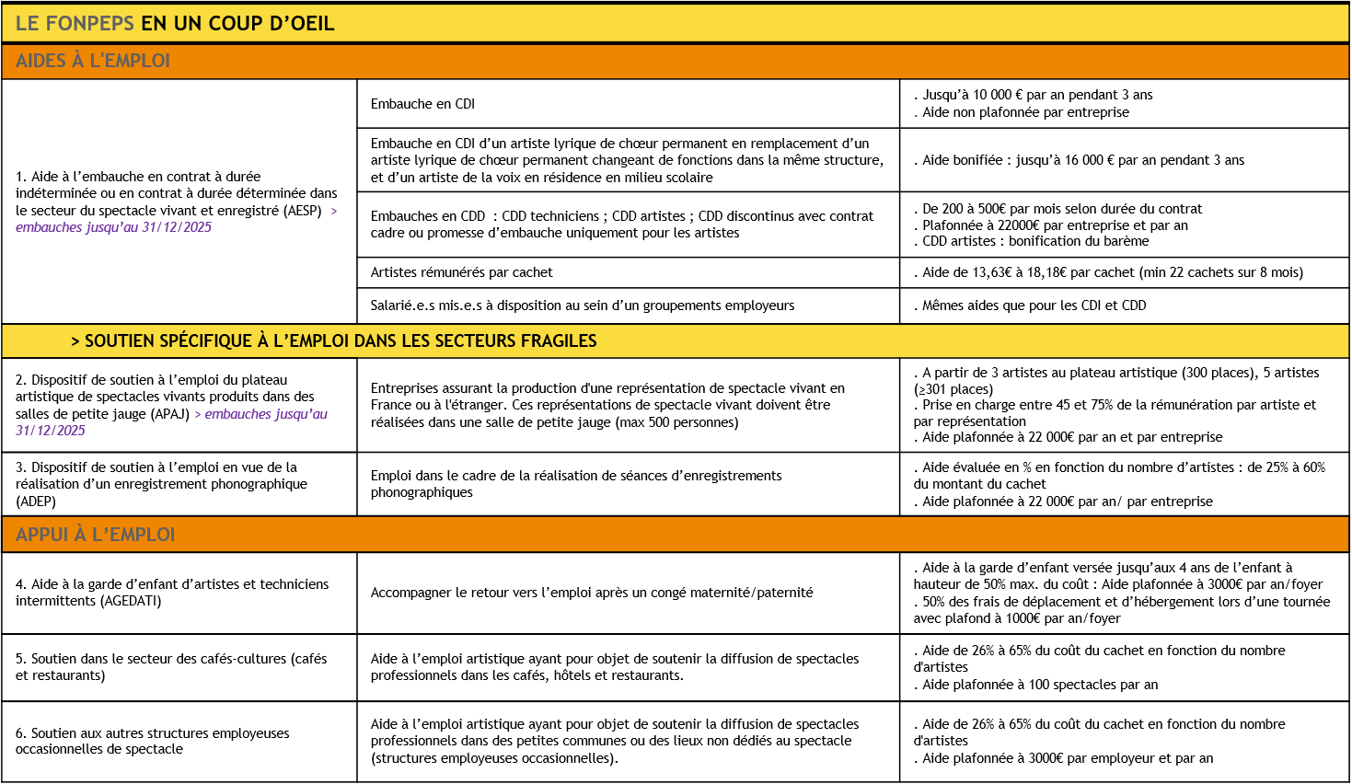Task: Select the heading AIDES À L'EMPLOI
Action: pos(93,61)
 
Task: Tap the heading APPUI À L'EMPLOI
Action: pos(96,535)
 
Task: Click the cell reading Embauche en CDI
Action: pos(422,104)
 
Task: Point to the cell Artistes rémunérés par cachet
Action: pos(462,272)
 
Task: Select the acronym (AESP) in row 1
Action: pos(303,211)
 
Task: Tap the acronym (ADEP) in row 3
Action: pos(36,502)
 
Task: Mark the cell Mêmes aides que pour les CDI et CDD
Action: pos(1034,306)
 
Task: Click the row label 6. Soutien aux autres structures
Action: pos(152,741)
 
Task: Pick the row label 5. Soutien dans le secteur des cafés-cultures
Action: pos(171,667)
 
